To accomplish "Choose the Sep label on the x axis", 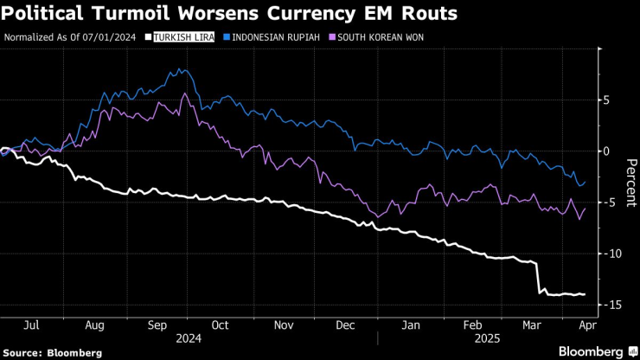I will click(158, 325).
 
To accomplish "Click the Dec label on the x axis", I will click(346, 325).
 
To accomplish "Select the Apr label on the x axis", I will click(584, 325).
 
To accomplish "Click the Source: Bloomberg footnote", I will click(53, 353).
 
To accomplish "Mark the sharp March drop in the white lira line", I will click(538, 277).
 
